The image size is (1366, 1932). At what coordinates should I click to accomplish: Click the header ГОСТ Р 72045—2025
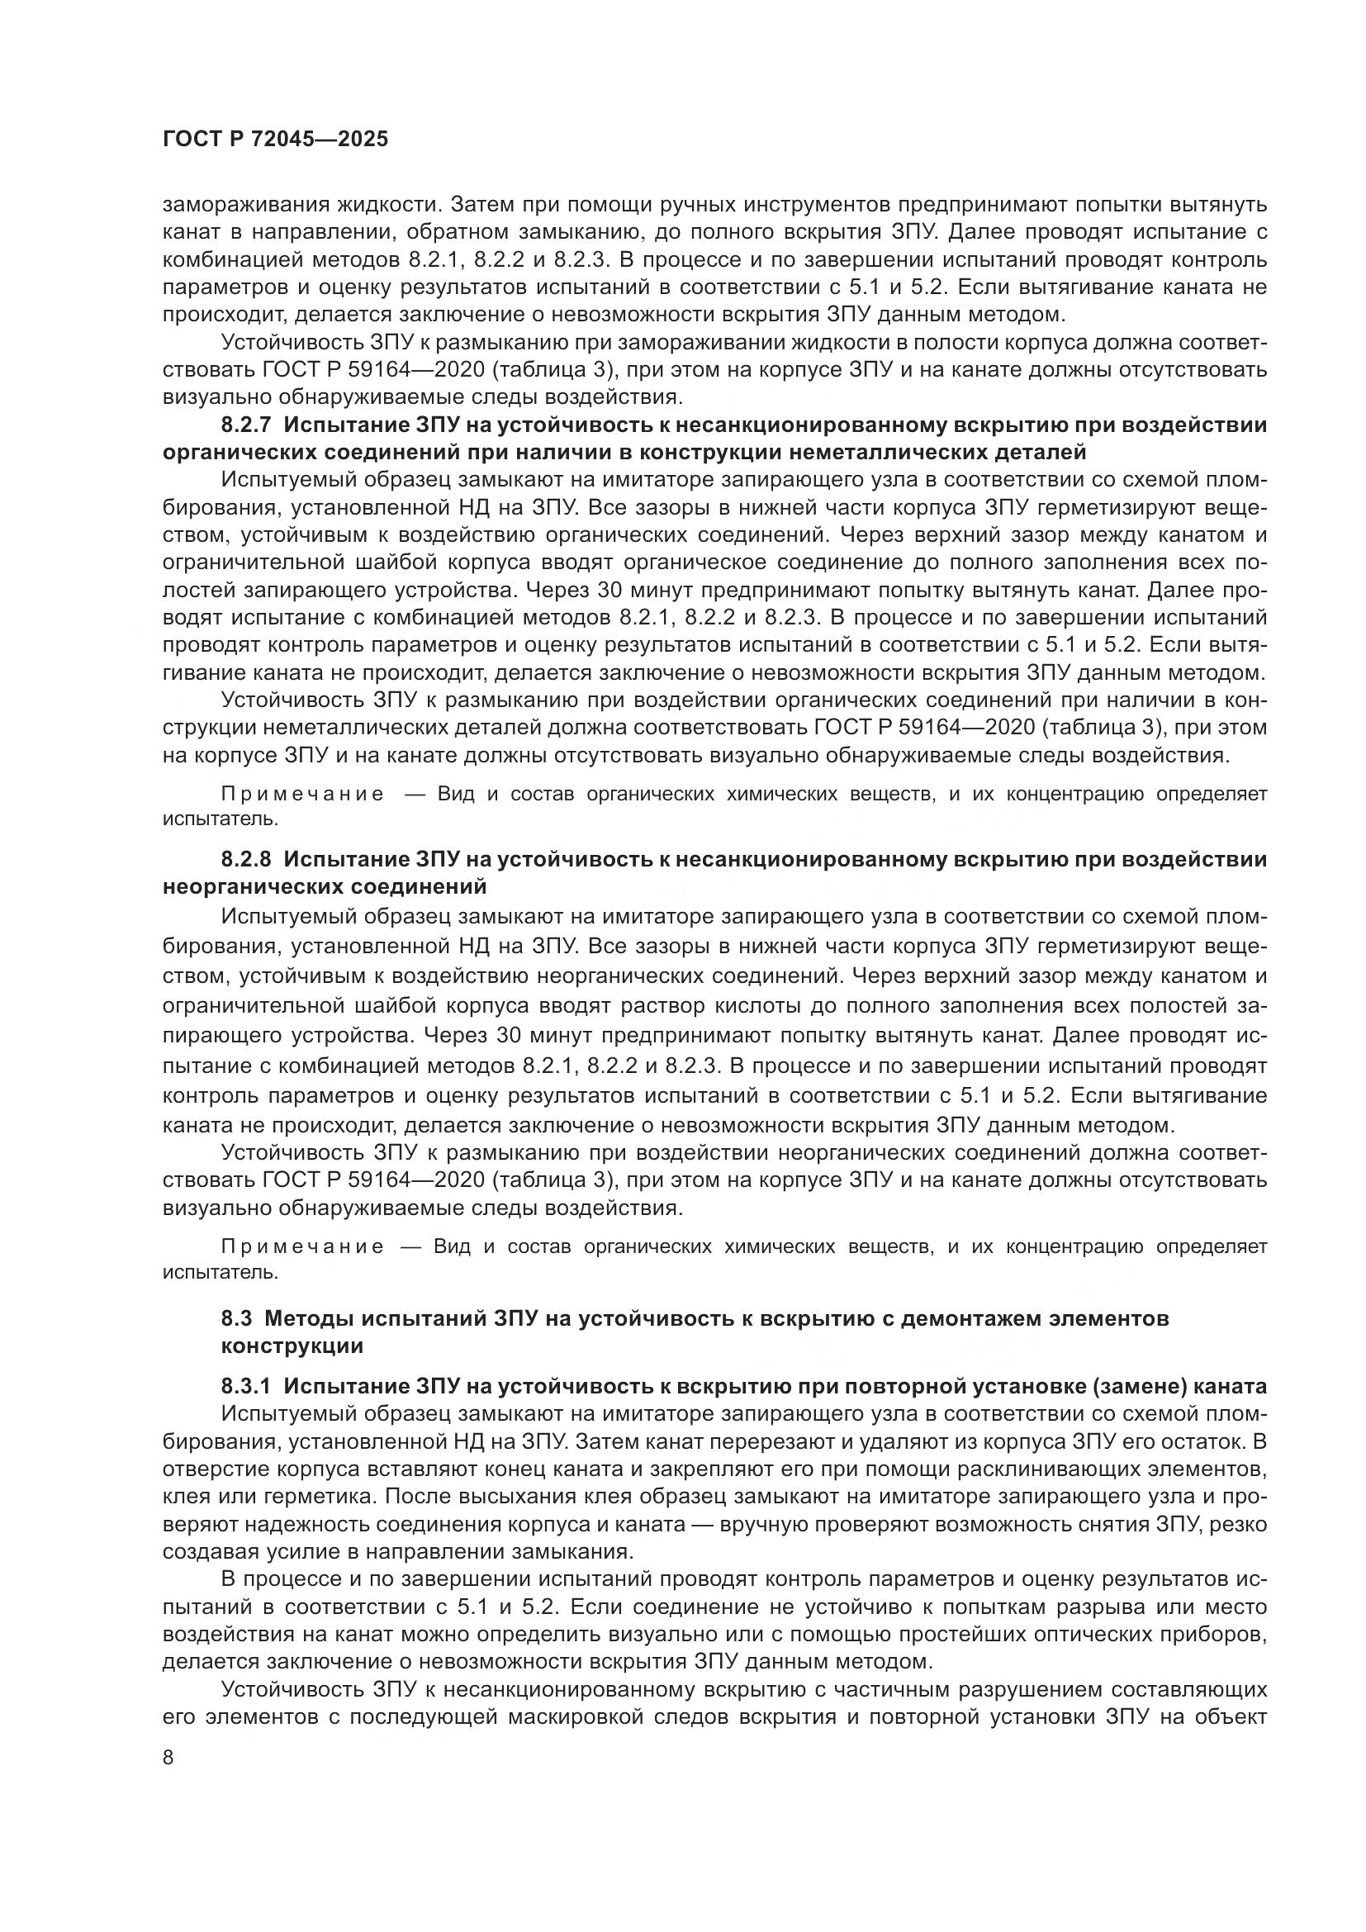(275, 140)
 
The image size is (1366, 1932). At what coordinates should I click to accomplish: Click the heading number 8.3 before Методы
(236, 1317)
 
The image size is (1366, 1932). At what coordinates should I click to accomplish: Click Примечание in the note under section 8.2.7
(302, 795)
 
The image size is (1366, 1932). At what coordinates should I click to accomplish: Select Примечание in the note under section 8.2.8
(302, 1246)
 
